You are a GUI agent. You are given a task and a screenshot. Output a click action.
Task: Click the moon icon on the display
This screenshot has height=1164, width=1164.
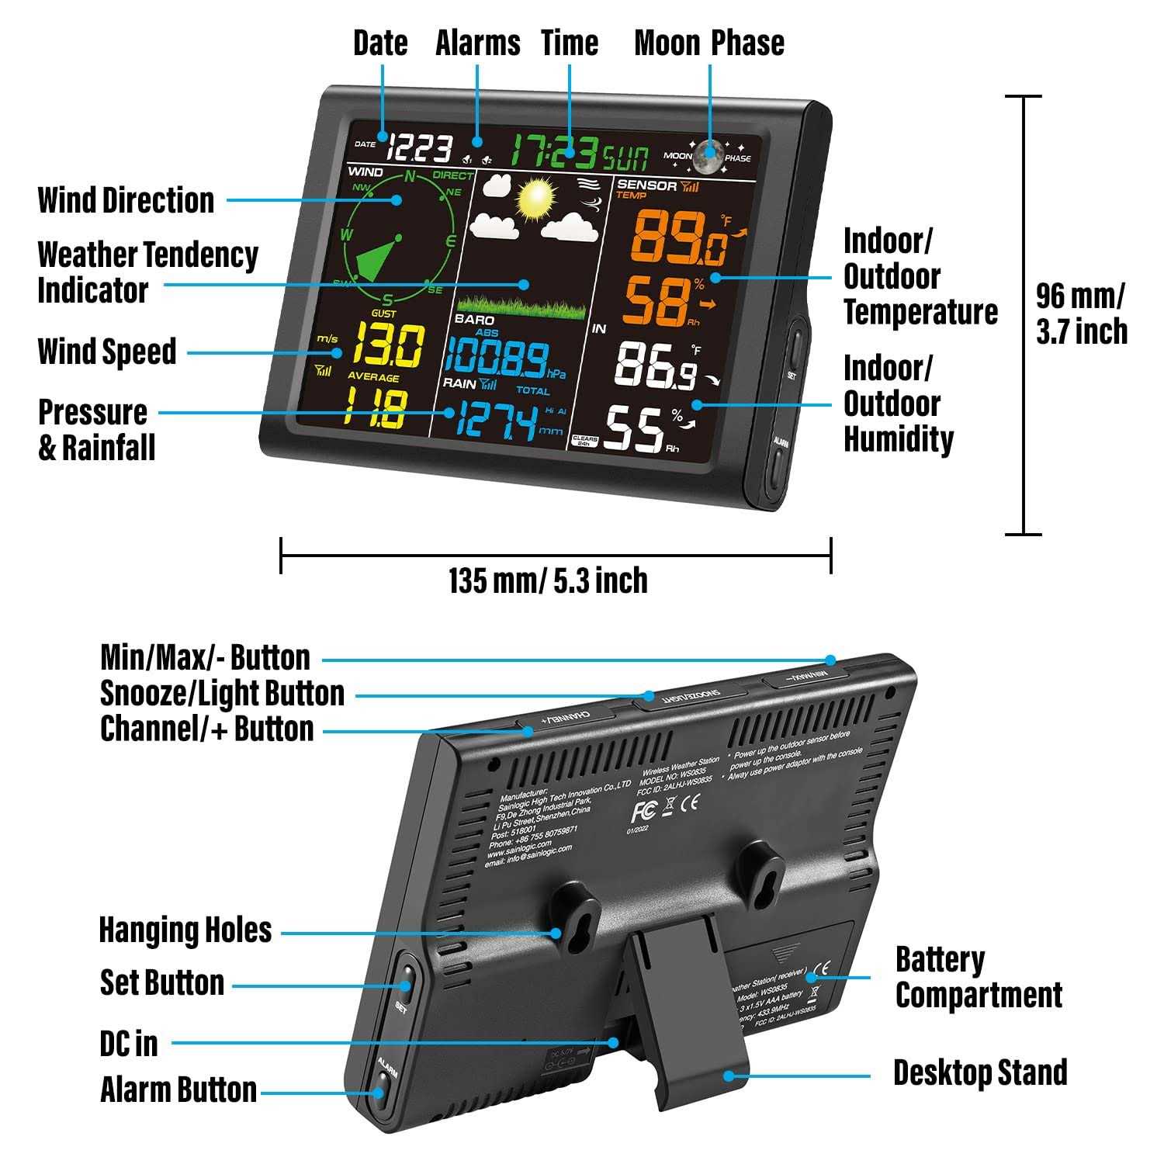click(x=708, y=155)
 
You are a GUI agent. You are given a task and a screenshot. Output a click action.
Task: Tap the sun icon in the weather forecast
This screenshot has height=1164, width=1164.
click(x=535, y=199)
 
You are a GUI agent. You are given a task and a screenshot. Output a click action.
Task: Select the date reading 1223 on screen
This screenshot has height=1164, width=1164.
click(x=421, y=148)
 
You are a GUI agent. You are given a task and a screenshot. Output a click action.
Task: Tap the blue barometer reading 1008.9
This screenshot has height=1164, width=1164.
click(x=497, y=359)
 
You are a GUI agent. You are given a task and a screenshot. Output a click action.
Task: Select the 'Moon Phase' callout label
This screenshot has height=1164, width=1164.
click(x=708, y=43)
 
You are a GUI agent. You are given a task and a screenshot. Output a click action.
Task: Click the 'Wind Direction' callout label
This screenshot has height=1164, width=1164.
click(x=126, y=200)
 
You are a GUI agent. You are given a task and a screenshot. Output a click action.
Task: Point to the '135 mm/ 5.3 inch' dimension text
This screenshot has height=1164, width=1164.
click(x=548, y=580)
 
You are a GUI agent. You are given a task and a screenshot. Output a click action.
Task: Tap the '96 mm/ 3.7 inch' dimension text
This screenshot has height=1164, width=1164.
click(x=1081, y=314)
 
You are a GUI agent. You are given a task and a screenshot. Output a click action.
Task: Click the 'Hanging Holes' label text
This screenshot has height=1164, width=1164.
click(x=185, y=930)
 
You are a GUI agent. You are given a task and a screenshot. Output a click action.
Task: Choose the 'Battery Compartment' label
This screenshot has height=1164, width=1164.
click(x=978, y=977)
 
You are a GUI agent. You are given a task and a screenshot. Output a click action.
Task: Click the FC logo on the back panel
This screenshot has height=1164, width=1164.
click(x=643, y=811)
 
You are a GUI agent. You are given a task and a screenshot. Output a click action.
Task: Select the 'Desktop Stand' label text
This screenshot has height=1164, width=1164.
click(x=980, y=1072)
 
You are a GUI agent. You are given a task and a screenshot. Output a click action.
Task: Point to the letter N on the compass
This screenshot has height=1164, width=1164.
click(x=409, y=176)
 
